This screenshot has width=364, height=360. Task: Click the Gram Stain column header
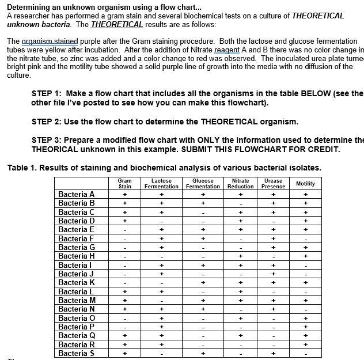[124, 183]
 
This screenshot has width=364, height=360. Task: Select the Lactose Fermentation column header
[161, 183]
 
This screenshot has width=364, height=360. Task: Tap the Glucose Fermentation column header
[203, 183]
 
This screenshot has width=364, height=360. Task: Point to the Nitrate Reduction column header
[240, 183]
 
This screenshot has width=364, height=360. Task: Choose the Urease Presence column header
[273, 183]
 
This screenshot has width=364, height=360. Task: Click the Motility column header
[305, 183]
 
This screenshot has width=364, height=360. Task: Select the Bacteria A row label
[77, 194]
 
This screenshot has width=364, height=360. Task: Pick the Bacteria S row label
[77, 353]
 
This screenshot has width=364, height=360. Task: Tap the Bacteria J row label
[77, 274]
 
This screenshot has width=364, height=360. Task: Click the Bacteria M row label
[77, 300]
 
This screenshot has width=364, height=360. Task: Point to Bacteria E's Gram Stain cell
[124, 230]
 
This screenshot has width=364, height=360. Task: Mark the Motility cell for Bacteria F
[305, 238]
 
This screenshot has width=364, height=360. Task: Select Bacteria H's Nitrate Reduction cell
[240, 256]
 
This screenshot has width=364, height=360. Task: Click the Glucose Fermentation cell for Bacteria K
[203, 283]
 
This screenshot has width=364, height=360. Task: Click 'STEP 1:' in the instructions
[50, 93]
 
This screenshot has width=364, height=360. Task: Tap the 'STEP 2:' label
[50, 122]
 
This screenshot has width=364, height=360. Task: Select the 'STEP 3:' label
[50, 140]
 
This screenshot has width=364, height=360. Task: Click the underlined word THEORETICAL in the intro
[117, 24]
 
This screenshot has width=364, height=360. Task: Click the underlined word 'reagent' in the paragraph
[227, 50]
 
